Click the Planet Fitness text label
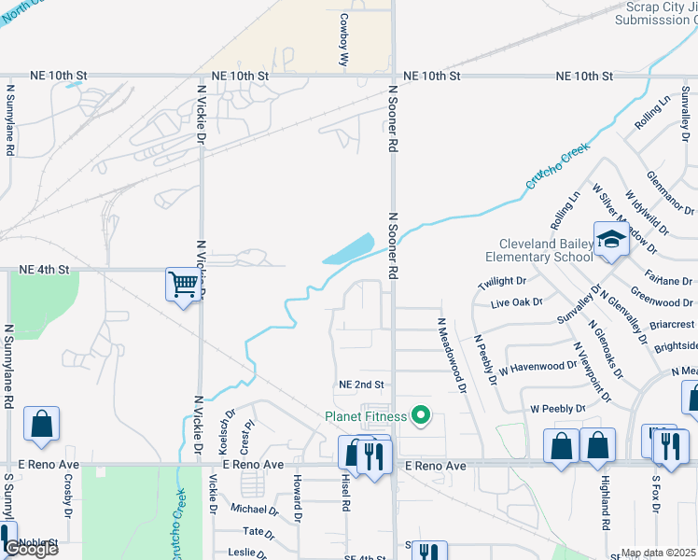tap(365, 416)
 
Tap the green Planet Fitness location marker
tap(421, 414)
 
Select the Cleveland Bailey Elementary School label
tap(539, 249)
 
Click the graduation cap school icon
tap(611, 240)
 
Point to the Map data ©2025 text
tap(659, 553)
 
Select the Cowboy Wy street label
tap(343, 38)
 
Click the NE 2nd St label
tap(362, 385)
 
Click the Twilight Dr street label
tap(502, 281)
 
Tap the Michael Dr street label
tap(254, 510)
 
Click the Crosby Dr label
tap(68, 496)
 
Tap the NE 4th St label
tap(45, 270)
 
